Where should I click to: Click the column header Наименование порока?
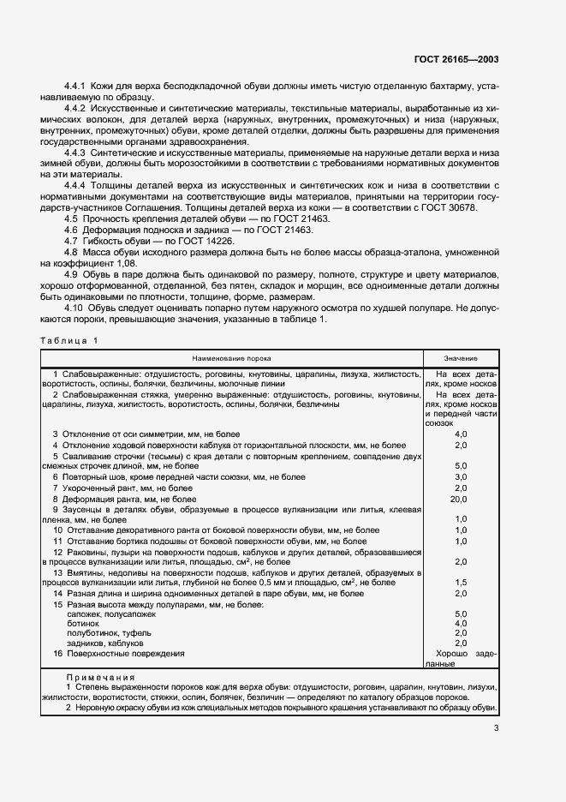click(232, 358)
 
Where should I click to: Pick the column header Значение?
click(461, 358)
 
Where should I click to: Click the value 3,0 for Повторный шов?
click(461, 476)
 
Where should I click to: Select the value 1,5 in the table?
click(461, 582)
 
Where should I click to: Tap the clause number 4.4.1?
click(78, 88)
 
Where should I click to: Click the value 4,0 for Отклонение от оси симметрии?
click(461, 435)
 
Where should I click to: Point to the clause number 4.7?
click(72, 242)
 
